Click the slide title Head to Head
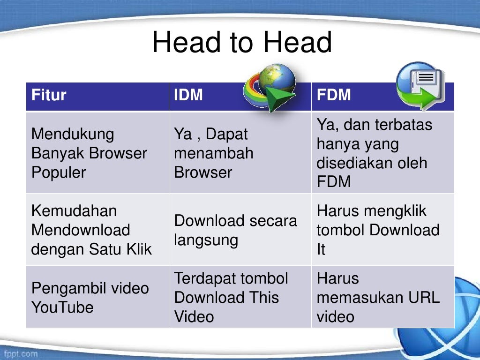click(242, 43)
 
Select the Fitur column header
click(49, 95)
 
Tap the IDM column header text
click(188, 95)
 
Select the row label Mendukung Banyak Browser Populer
click(89, 153)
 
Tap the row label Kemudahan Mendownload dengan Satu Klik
click(91, 230)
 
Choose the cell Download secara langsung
click(235, 230)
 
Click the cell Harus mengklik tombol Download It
click(378, 230)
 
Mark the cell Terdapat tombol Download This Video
click(231, 298)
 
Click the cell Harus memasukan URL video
click(378, 298)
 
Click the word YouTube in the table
click(62, 307)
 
